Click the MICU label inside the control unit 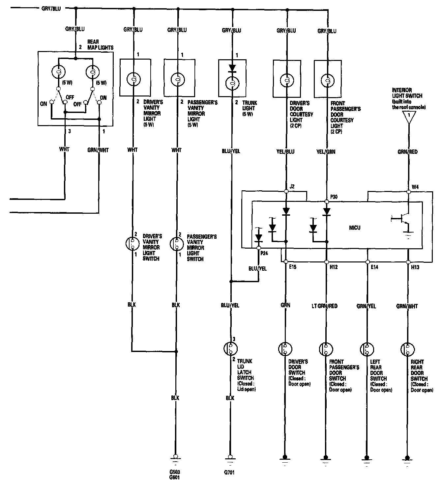(355, 228)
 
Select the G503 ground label (175, 472)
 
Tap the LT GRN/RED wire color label (325, 306)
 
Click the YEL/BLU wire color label (285, 152)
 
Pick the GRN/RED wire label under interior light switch (407, 152)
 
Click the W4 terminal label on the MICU (415, 187)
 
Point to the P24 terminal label (264, 254)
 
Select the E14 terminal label (374, 267)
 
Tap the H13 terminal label (415, 267)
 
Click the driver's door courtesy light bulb (286, 80)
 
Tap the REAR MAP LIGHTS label (100, 45)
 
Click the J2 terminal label (292, 187)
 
